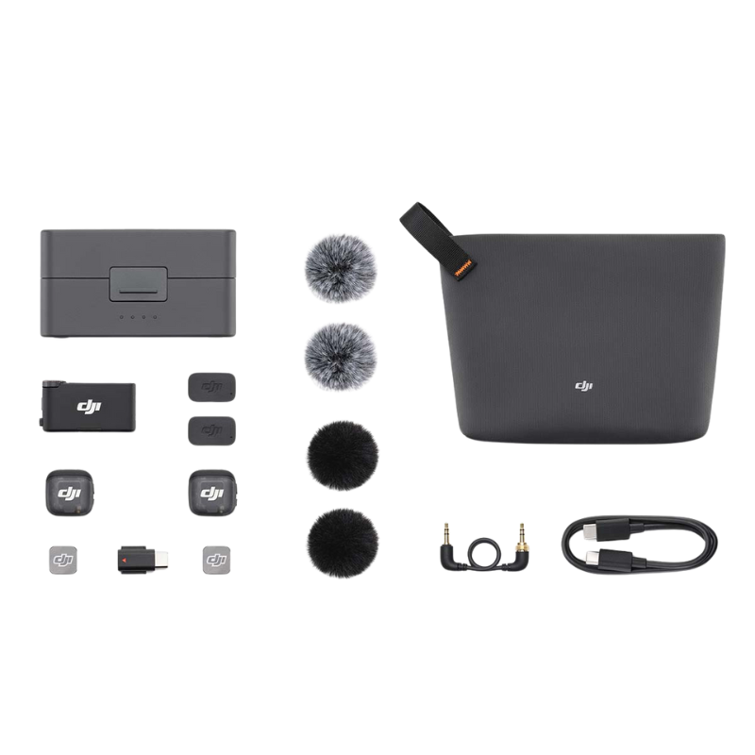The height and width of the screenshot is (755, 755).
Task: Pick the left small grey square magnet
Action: pyautogui.click(x=61, y=559)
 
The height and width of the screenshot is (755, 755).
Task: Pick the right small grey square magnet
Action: pyautogui.click(x=216, y=559)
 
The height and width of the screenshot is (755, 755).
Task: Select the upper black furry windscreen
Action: pyautogui.click(x=335, y=453)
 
